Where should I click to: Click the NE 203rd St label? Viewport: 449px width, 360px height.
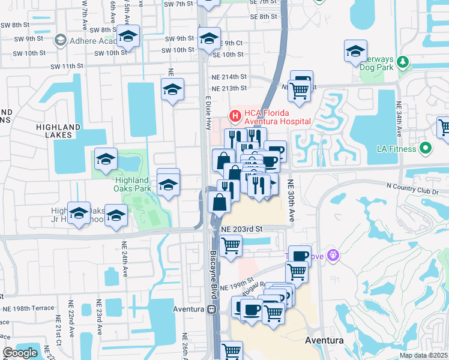tap(242, 229)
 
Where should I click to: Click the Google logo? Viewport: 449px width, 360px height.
tap(20, 353)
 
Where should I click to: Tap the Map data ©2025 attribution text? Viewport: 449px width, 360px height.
tap(424, 355)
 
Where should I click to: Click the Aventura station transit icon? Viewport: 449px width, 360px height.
tap(211, 310)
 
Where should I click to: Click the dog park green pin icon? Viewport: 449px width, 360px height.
tap(403, 61)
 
